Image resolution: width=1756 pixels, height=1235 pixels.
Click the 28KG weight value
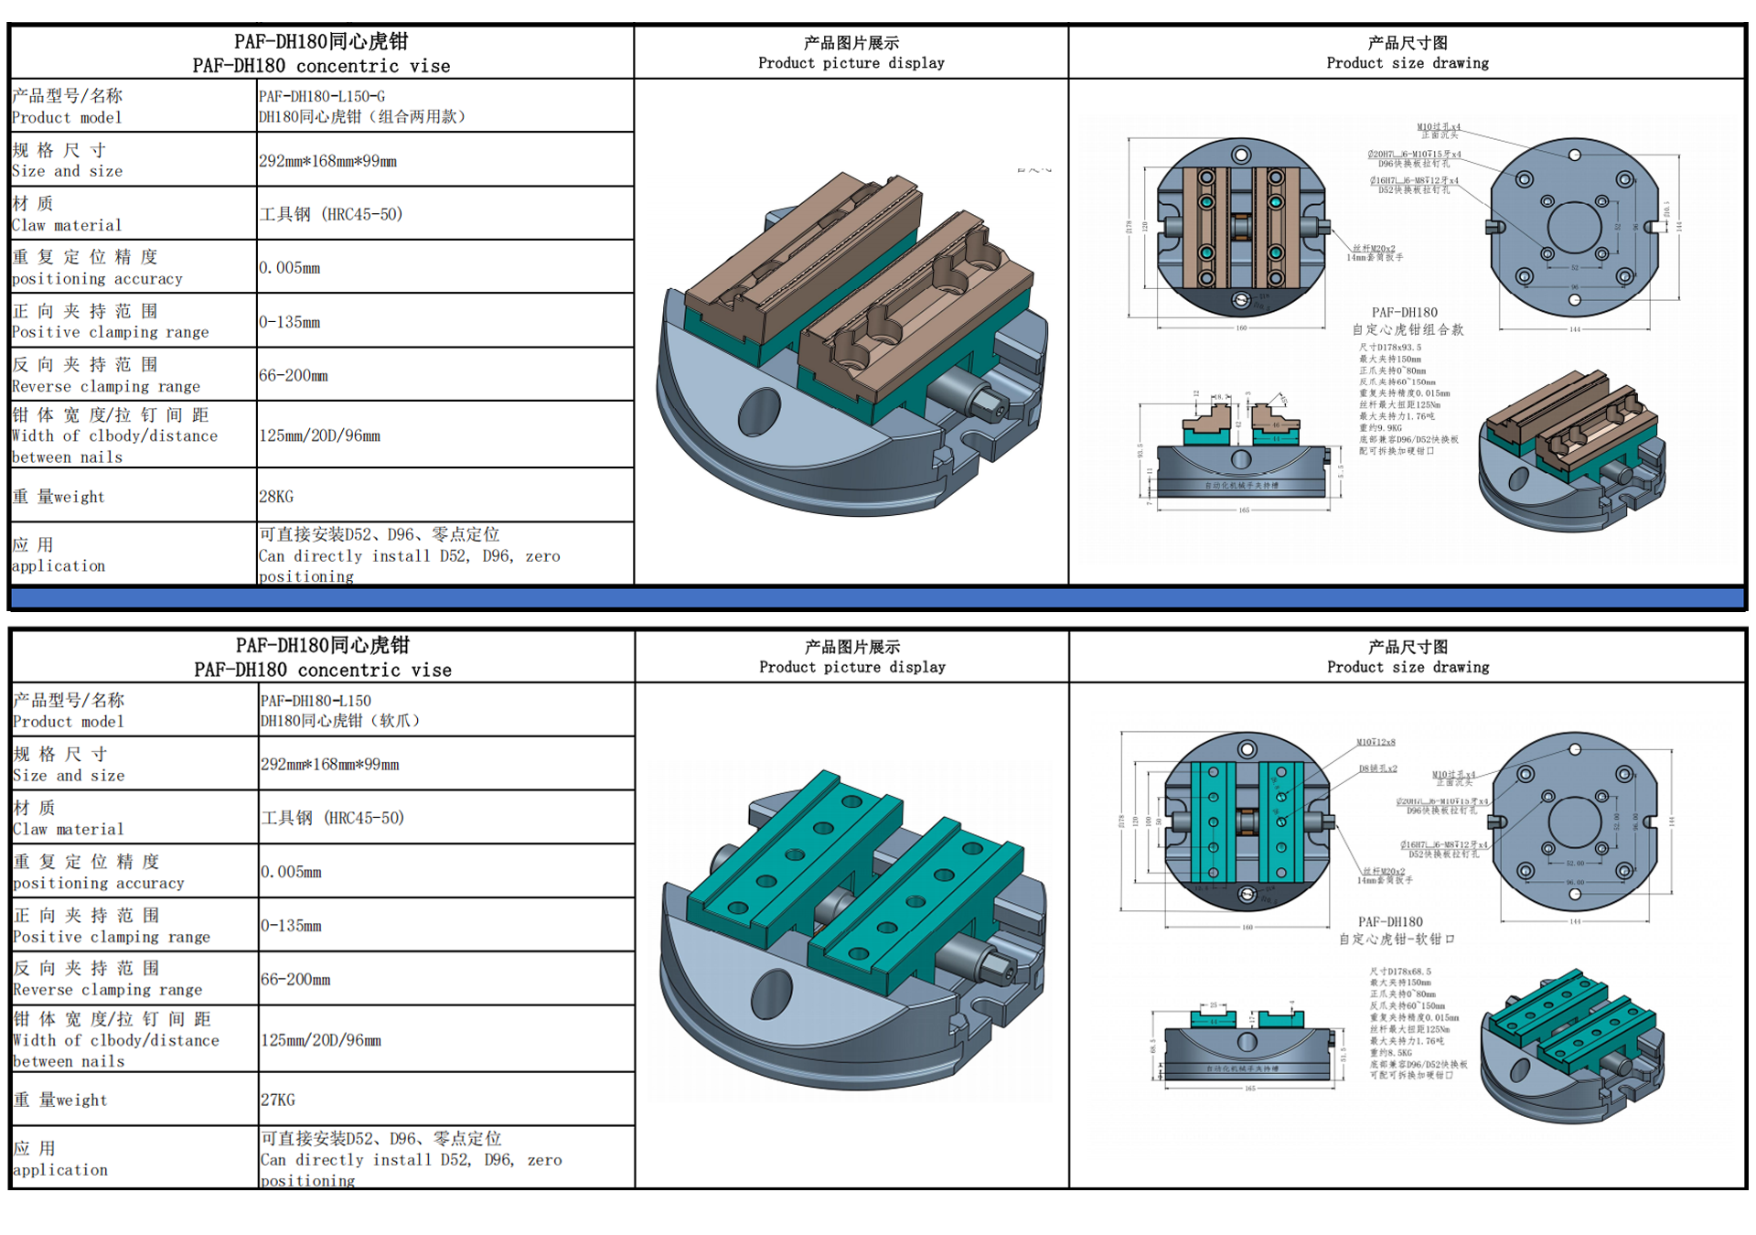tap(276, 497)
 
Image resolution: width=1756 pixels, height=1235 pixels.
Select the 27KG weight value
tap(278, 1100)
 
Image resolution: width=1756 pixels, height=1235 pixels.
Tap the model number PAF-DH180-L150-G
tap(322, 96)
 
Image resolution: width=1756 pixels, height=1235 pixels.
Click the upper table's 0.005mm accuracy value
tap(290, 268)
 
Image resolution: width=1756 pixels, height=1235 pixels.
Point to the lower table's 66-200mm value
tap(295, 979)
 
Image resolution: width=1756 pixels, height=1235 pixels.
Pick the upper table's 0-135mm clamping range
tap(290, 322)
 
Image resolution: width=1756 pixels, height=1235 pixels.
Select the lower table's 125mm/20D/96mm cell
tap(321, 1040)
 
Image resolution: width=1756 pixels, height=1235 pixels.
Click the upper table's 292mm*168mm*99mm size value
tap(328, 161)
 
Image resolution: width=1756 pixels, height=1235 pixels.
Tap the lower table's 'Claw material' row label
tap(69, 818)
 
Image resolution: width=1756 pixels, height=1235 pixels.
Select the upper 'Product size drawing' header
tap(1408, 52)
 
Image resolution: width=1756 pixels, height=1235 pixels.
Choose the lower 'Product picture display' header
tap(852, 657)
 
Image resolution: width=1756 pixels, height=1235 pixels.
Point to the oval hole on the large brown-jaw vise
tap(759, 411)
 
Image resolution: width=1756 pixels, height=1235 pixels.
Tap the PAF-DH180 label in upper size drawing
tap(1405, 313)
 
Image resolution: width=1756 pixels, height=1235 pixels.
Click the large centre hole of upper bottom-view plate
tap(1574, 227)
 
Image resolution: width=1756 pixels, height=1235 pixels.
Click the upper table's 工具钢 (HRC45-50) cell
tap(331, 214)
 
